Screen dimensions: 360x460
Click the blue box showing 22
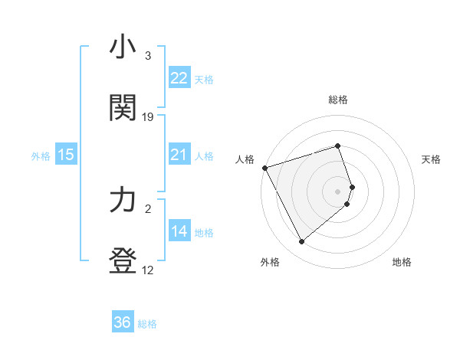coord(179,78)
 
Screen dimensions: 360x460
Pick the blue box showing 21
coord(179,155)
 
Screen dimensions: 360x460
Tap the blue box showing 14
coord(179,231)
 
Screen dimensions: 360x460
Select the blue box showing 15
coord(66,155)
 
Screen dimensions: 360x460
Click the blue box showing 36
coord(123,322)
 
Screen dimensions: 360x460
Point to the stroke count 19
coord(148,117)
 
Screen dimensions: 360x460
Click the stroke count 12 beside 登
coord(148,270)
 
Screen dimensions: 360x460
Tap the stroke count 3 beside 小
coord(148,56)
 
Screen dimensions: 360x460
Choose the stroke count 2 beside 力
coord(148,208)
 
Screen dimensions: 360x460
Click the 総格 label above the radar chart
coord(338,100)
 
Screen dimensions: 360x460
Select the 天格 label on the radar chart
coord(431,159)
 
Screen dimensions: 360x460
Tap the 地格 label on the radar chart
coord(402,262)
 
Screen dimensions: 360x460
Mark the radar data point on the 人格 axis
coord(264,168)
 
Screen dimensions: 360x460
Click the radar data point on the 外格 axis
coord(301,242)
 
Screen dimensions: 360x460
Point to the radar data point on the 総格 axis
coord(338,146)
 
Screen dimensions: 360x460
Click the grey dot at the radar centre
coord(338,191)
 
